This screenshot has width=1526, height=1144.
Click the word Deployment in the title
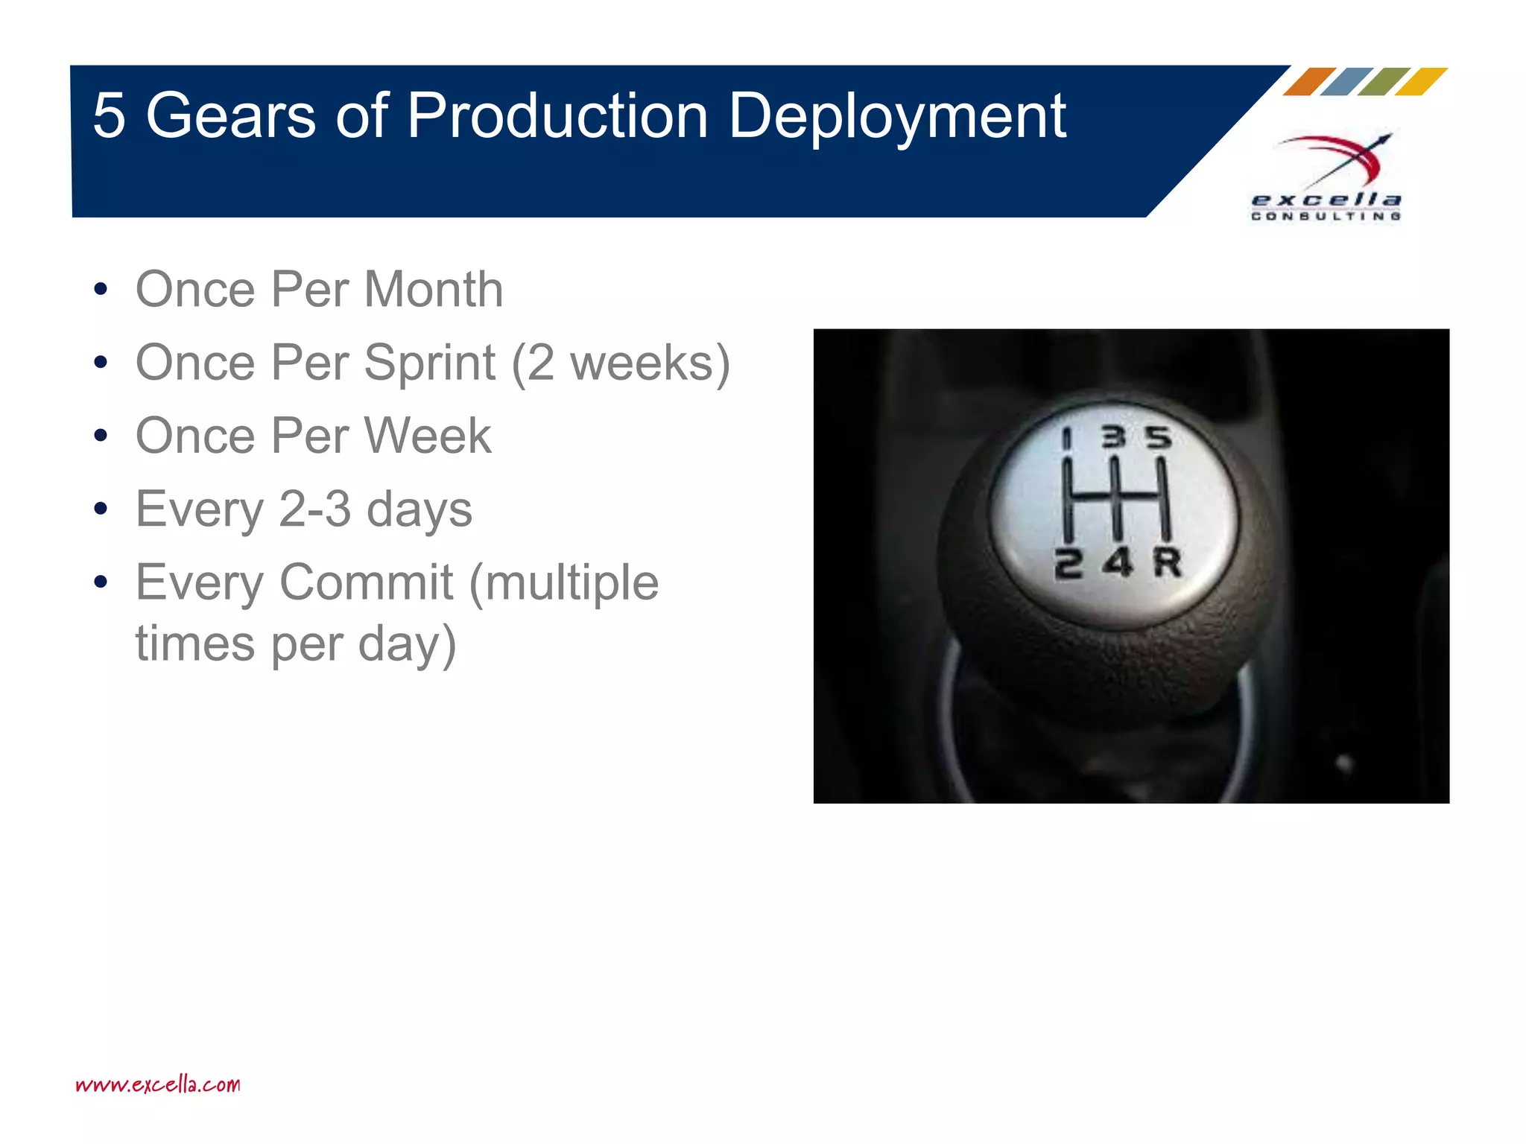coord(897,117)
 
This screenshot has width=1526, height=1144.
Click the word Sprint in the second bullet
coord(429,363)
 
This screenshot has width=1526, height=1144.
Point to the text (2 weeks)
coord(620,363)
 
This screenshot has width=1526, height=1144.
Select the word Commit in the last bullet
coord(366,582)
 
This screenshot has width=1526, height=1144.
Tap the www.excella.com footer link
coord(158,1084)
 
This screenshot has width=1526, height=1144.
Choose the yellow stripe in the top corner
coord(1421,82)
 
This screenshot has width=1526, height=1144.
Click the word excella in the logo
coord(1326,200)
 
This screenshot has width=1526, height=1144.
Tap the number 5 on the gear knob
coord(1159,437)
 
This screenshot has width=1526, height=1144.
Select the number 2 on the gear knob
coord(1068,564)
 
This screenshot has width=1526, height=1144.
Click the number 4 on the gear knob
coord(1118,562)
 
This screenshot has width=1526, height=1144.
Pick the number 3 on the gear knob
coord(1113,437)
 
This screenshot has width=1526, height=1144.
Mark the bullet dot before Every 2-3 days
coord(101,509)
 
